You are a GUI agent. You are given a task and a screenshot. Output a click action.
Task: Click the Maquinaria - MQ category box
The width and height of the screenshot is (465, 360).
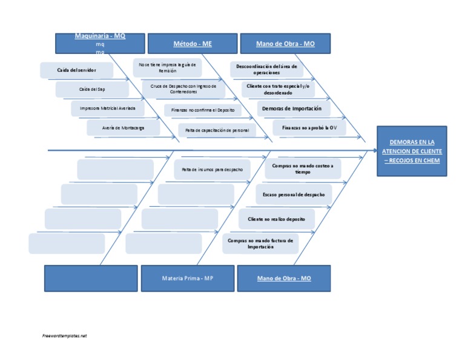pyautogui.click(x=100, y=44)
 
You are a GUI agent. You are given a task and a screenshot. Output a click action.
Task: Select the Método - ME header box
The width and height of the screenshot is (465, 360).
pyautogui.click(x=193, y=44)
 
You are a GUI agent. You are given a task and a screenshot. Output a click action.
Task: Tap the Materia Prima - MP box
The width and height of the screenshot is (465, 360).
pyautogui.click(x=188, y=278)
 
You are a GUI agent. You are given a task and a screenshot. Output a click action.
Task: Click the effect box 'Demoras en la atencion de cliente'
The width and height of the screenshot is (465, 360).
pyautogui.click(x=412, y=151)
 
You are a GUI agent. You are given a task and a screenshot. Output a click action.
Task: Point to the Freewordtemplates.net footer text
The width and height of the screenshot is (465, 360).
pyautogui.click(x=65, y=335)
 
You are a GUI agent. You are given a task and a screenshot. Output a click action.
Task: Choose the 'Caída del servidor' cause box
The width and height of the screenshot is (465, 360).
pyautogui.click(x=76, y=70)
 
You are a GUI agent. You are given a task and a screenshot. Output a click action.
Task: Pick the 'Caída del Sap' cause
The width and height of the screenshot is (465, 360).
pyautogui.click(x=92, y=89)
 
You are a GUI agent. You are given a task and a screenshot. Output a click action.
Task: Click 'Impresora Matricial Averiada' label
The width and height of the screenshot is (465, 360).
pyautogui.click(x=108, y=108)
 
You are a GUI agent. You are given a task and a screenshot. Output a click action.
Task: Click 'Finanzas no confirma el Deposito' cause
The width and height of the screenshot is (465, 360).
pyautogui.click(x=202, y=110)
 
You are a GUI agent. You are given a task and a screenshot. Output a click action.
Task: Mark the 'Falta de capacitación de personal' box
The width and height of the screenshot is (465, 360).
pyautogui.click(x=217, y=130)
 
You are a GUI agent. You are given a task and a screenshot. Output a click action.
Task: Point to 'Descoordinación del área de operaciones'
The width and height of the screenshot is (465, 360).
pyautogui.click(x=266, y=69)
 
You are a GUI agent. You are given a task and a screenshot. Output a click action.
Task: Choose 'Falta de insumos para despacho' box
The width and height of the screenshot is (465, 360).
pyautogui.click(x=212, y=169)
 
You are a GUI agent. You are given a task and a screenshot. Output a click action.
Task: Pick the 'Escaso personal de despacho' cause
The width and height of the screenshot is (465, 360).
pyautogui.click(x=293, y=195)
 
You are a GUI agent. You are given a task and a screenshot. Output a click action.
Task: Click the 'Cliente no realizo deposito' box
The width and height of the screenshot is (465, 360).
pyautogui.click(x=276, y=219)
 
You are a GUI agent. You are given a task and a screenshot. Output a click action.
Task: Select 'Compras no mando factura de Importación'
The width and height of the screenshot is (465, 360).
pyautogui.click(x=260, y=243)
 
